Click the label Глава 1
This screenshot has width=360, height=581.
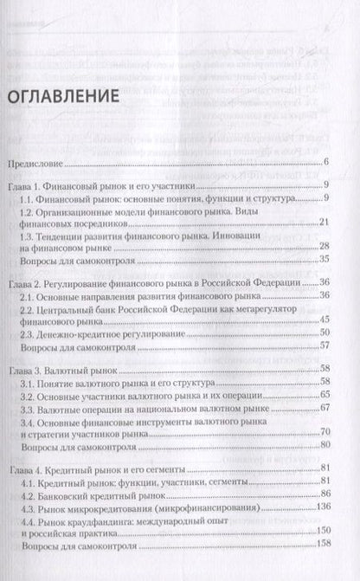(x=28, y=185)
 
